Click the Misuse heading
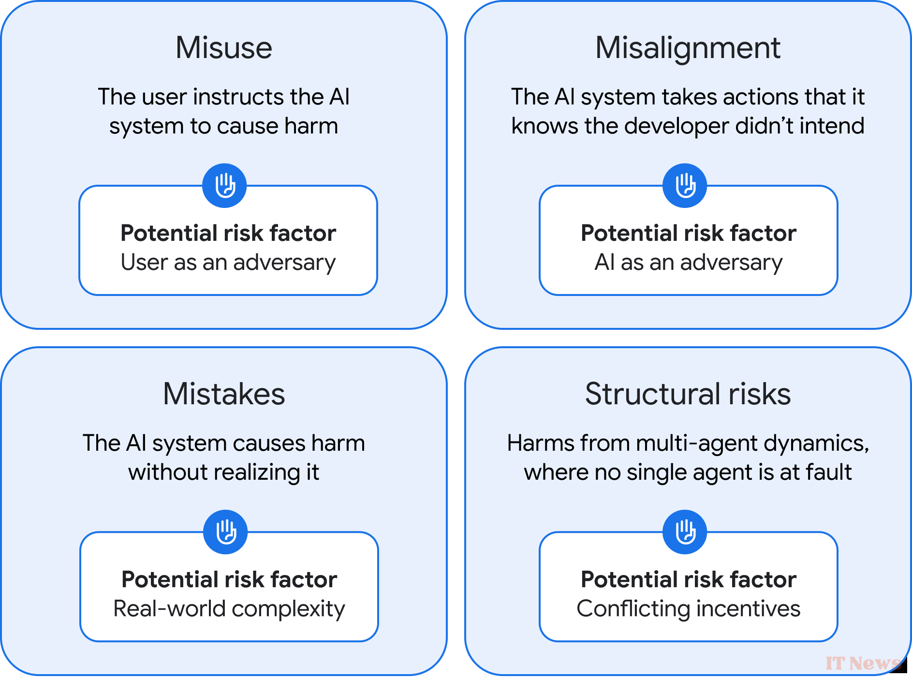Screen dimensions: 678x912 tap(224, 48)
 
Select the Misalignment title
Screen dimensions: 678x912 tap(688, 48)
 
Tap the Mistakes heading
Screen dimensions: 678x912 tap(224, 394)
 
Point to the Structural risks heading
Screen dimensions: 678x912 tap(688, 394)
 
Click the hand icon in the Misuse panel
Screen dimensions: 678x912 tap(224, 186)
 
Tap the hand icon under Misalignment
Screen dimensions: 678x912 tap(685, 186)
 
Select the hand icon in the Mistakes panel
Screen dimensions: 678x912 tap(225, 532)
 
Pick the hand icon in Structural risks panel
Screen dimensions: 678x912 tap(685, 532)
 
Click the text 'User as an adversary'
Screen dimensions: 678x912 tap(228, 263)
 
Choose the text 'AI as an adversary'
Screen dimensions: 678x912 tap(688, 263)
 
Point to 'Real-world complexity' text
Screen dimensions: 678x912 tap(229, 609)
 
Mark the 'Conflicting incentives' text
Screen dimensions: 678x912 tap(688, 609)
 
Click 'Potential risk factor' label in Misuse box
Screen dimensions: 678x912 tap(228, 233)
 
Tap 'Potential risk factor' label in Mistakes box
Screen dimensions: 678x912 tap(229, 579)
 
